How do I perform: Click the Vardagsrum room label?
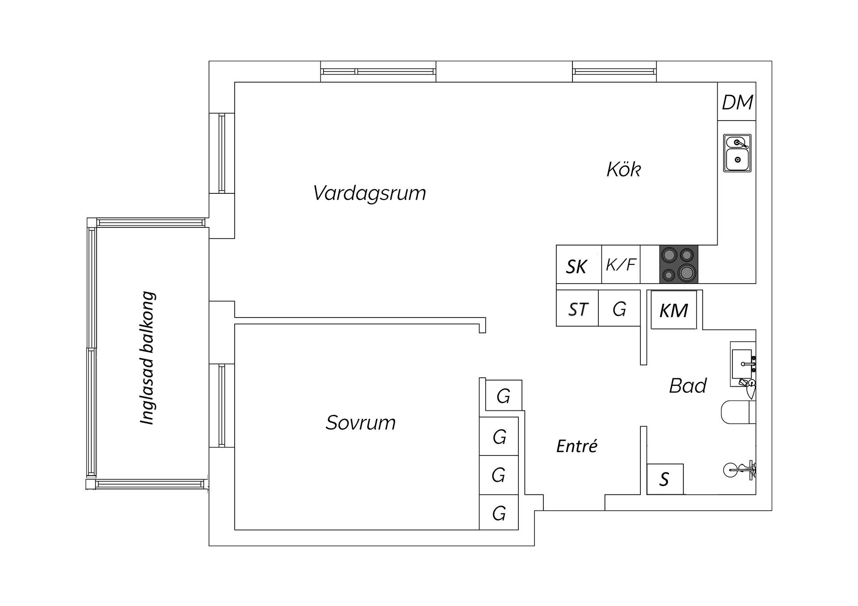point(369,193)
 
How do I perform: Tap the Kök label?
point(623,170)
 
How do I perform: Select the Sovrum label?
point(361,422)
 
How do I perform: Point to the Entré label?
point(576,446)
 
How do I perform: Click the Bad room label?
point(687,386)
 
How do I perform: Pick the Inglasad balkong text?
point(147,358)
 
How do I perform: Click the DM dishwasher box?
point(737,102)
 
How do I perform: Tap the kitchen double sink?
point(737,153)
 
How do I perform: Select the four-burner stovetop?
point(678,264)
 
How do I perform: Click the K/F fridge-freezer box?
point(621,264)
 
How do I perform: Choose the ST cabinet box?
point(577,309)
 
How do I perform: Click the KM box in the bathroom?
point(673,310)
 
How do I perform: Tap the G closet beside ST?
point(619,309)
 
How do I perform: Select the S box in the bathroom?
point(665,479)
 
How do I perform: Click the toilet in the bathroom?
point(737,412)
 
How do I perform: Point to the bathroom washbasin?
point(742,364)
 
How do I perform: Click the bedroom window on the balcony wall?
point(222,405)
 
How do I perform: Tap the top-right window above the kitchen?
point(614,71)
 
